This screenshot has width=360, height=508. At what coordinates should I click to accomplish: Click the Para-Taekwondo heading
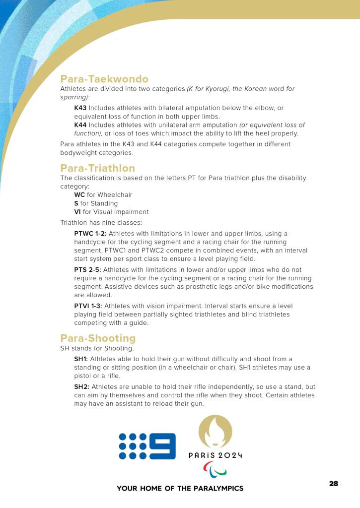point(104,79)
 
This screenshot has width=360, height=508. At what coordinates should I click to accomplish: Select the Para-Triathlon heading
point(97,168)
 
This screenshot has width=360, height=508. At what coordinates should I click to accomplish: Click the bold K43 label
point(80,108)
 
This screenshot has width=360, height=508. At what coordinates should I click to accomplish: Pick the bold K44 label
point(80,125)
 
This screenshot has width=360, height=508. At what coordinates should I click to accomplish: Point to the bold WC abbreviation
point(79,195)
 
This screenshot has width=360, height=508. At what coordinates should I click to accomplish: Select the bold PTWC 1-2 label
point(90,233)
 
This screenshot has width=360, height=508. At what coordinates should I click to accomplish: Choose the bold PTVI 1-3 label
point(88,306)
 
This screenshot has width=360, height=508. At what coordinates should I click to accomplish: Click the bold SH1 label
point(81,359)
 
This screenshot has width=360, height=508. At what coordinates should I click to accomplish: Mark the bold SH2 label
point(82,386)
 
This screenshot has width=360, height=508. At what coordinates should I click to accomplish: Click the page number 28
point(334,483)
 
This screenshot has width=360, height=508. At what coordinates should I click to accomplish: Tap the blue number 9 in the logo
point(163,446)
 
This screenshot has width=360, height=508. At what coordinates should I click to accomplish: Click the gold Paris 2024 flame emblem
point(215,431)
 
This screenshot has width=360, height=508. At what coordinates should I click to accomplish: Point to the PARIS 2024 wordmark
point(215,455)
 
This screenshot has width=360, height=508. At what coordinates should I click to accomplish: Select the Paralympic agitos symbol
point(215,469)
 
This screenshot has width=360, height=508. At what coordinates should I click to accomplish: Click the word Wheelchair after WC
point(115,195)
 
